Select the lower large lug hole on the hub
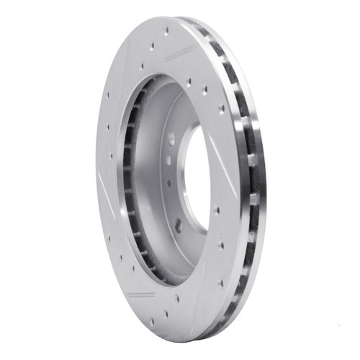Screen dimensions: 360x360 click(x=179, y=226)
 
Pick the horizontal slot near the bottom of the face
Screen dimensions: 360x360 click(x=142, y=294)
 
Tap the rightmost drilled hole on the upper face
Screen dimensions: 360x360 click(x=221, y=109)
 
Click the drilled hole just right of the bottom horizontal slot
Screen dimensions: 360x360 click(x=176, y=298)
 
